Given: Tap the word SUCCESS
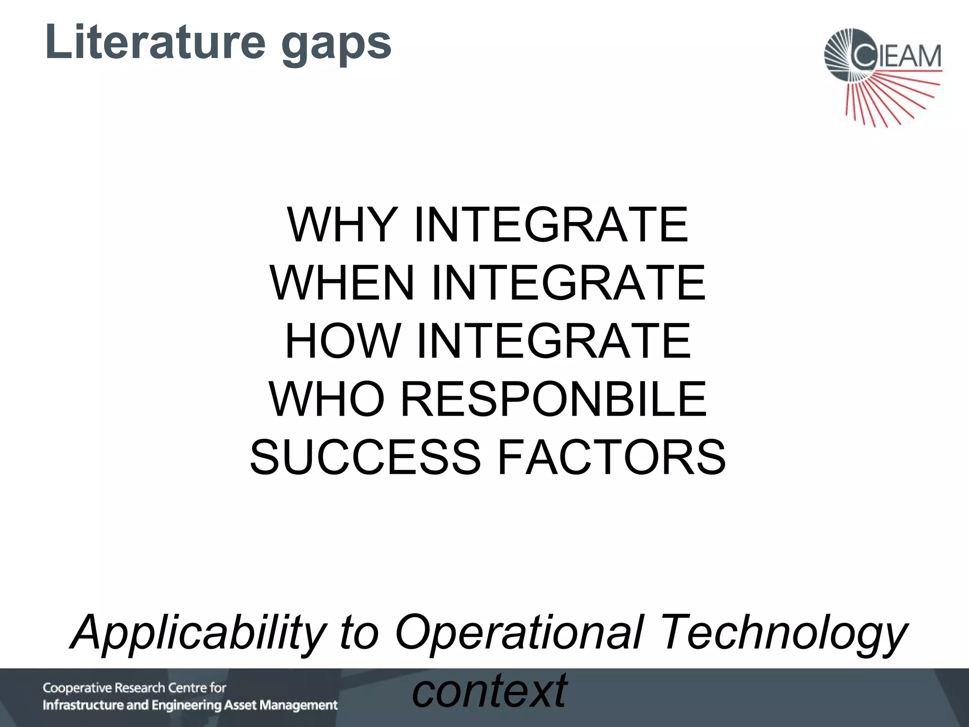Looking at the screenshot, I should [x=365, y=457].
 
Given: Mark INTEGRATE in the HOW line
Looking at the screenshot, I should [x=554, y=341].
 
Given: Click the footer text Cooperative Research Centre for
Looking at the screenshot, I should [x=134, y=688].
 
